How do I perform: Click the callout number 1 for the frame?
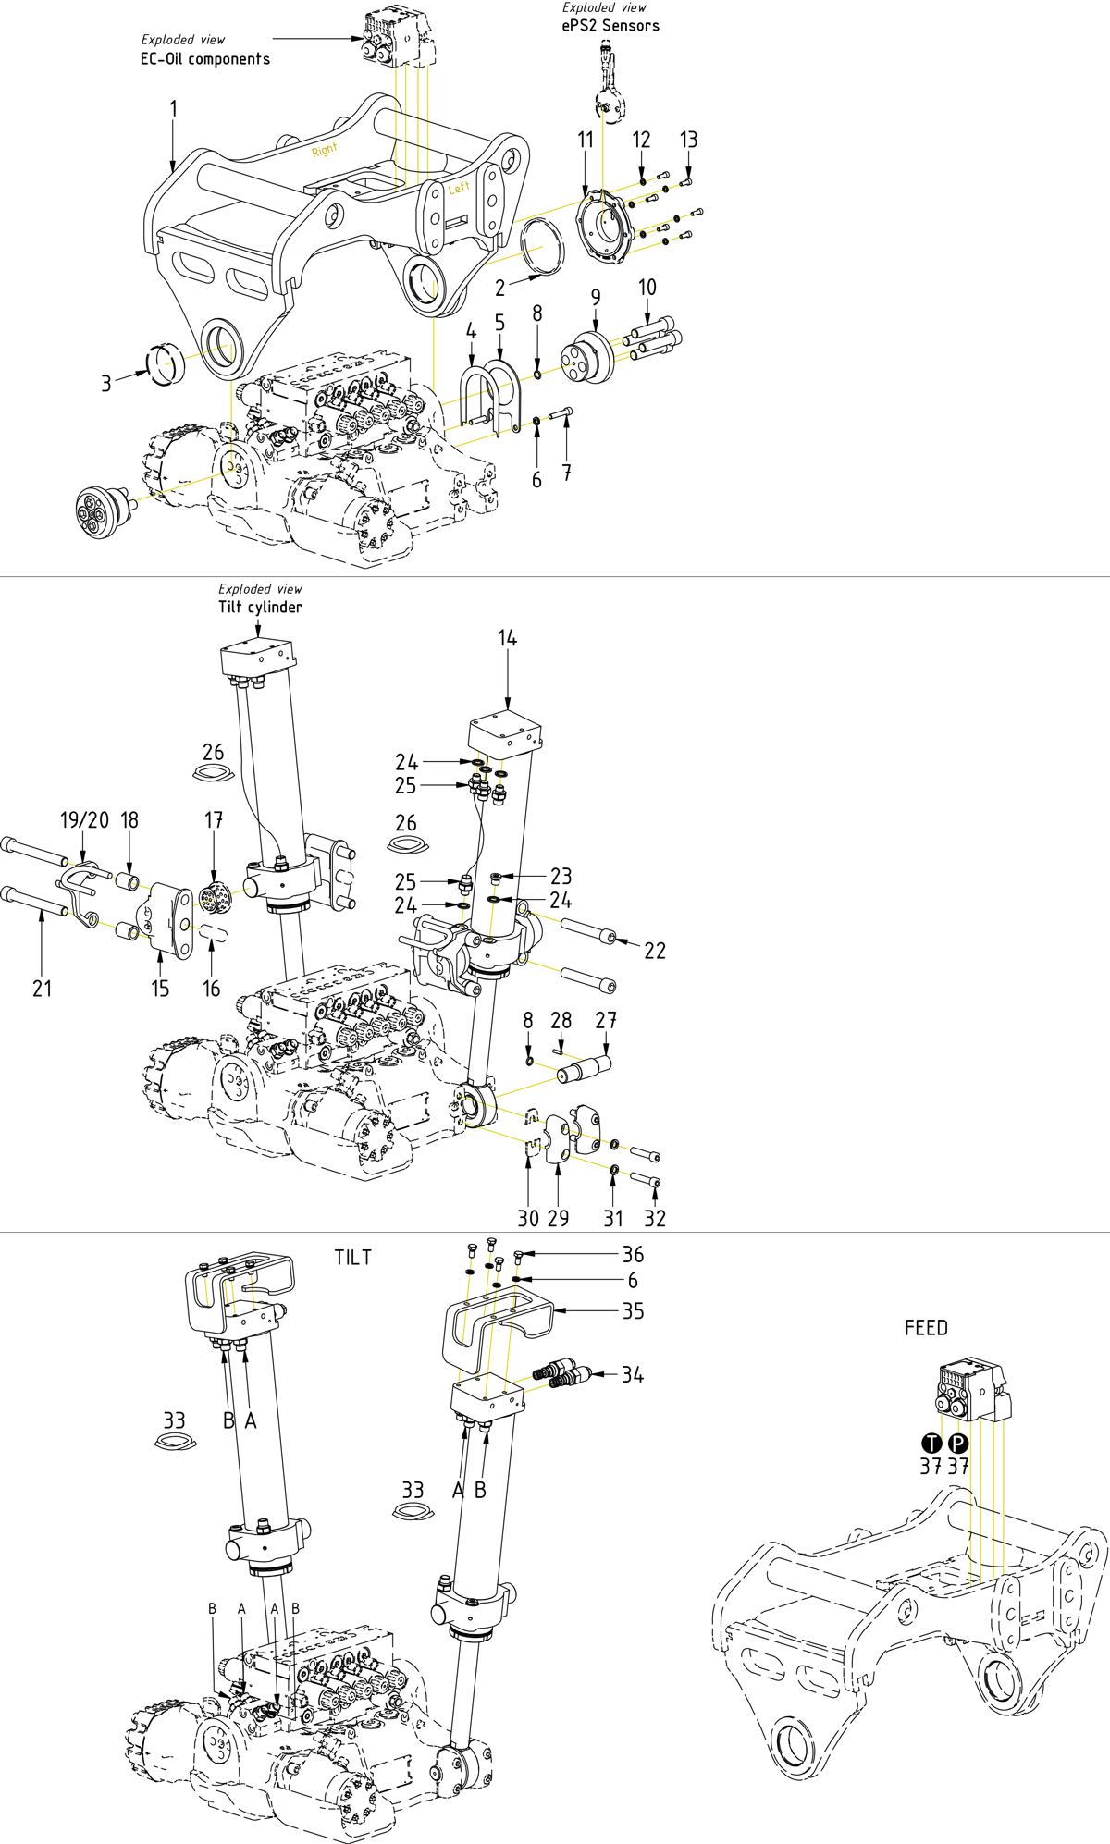point(173,109)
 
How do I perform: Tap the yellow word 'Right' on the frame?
point(325,150)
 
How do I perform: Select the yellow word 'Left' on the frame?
point(459,188)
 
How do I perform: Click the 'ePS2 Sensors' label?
point(610,26)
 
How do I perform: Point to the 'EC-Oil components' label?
point(205,59)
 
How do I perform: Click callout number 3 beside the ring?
point(106,383)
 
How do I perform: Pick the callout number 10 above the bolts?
point(647,288)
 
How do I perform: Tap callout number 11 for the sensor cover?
point(586,140)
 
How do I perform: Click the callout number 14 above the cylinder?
point(507,638)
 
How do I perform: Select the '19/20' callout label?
point(84,820)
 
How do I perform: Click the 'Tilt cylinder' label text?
point(260,608)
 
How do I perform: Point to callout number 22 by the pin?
point(655,951)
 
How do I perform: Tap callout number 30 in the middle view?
point(528,1218)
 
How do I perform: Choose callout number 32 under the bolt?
point(655,1218)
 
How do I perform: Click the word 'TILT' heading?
point(353,1258)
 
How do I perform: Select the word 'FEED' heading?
point(926,1328)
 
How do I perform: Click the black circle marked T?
point(931,1444)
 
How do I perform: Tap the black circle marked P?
point(958,1444)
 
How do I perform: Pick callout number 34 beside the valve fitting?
point(633,1375)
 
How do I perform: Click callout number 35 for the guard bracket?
point(633,1311)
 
